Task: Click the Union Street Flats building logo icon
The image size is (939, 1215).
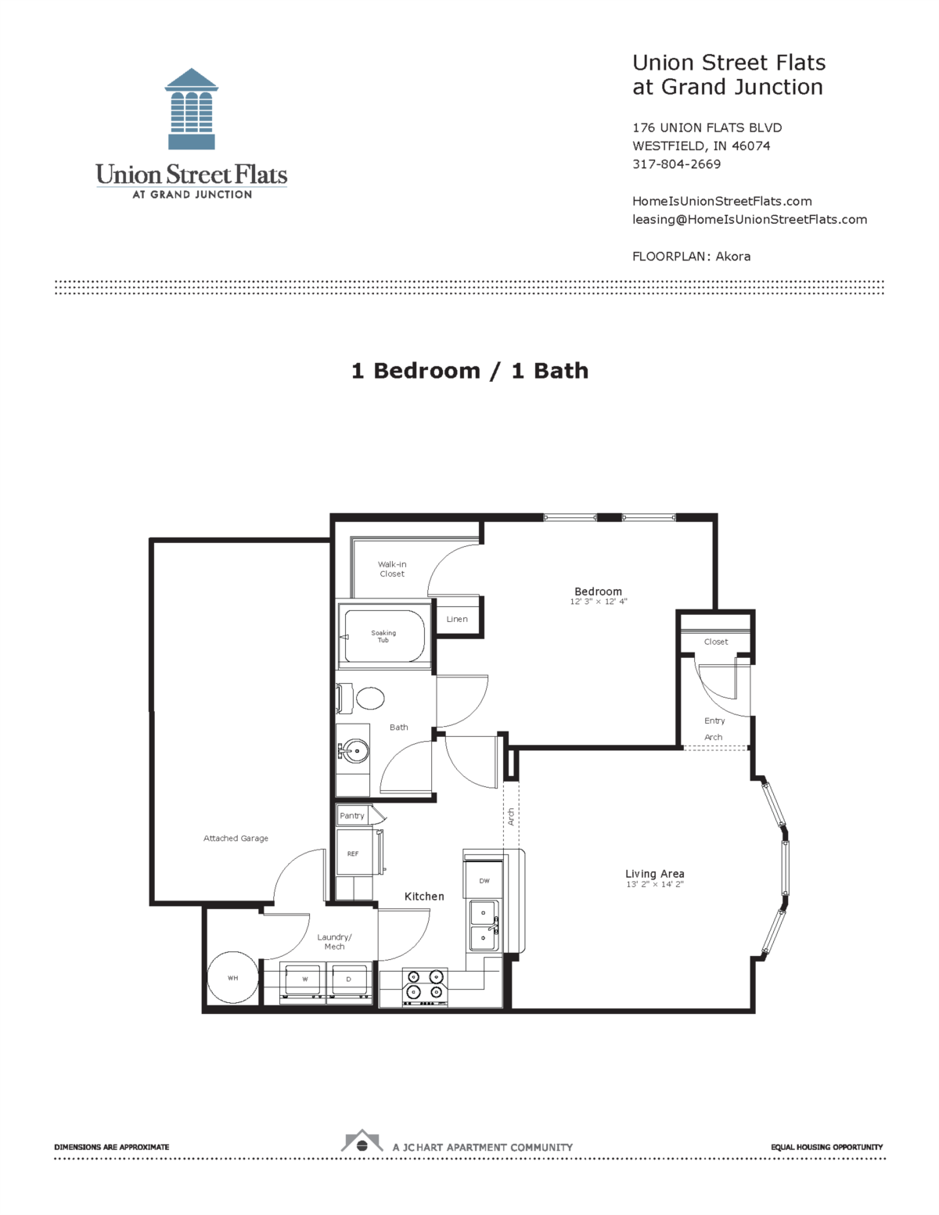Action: tap(192, 109)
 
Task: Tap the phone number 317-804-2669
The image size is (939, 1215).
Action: tap(676, 164)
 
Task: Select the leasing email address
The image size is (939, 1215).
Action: tap(749, 220)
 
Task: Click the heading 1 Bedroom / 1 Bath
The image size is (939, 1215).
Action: tap(469, 371)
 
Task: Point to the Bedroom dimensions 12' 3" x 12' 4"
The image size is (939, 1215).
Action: tap(599, 602)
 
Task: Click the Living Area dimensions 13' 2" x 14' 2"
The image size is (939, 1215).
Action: tap(654, 884)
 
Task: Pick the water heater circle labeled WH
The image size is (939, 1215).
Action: tap(232, 977)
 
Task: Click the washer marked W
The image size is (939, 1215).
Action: tap(304, 980)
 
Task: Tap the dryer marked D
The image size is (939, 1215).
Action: tap(349, 980)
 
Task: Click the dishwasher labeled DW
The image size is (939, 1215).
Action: tap(484, 881)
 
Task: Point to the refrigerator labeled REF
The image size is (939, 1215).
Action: tap(354, 854)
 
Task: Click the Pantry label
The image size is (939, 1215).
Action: tap(352, 815)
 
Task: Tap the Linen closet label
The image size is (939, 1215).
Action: tap(457, 619)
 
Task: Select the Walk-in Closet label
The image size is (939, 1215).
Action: tap(392, 569)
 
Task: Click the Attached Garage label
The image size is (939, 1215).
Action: tap(236, 838)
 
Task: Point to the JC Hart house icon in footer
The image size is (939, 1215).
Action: tap(362, 1143)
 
